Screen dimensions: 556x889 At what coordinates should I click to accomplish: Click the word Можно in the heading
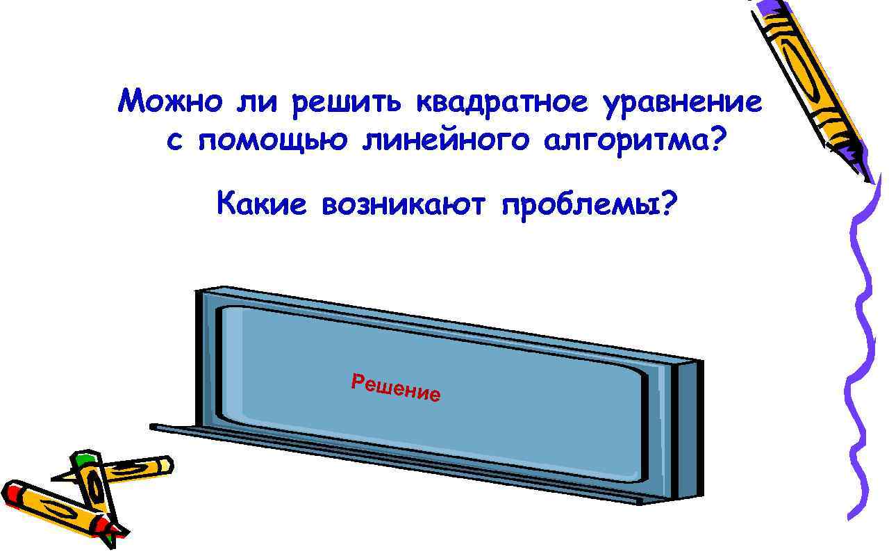click(171, 103)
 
